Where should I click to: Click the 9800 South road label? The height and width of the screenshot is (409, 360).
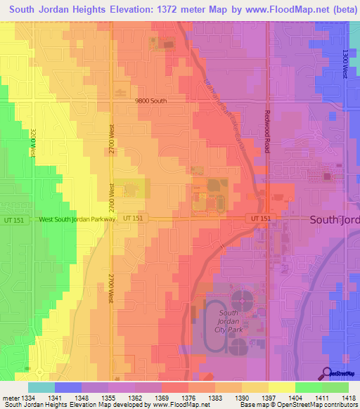(x=151, y=101)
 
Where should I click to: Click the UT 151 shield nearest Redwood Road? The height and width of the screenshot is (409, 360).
(x=260, y=219)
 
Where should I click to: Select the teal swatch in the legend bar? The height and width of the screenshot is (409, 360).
(x=41, y=387)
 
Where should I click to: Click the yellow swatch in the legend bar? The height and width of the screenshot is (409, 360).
(x=282, y=387)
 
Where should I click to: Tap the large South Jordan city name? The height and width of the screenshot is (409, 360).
(x=334, y=220)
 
